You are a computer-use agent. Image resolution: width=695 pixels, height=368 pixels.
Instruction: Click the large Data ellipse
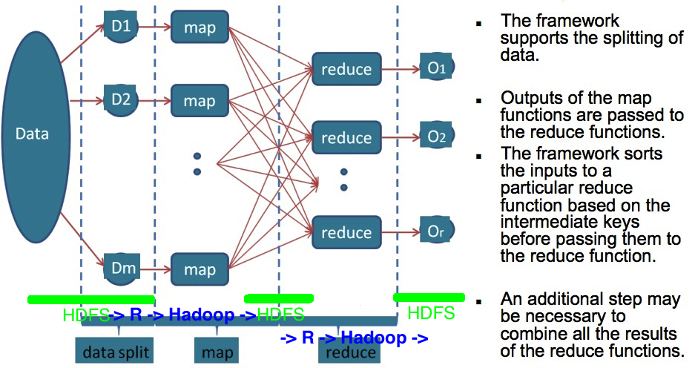point(33,134)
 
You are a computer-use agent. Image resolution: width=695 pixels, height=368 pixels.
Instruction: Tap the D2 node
point(122,98)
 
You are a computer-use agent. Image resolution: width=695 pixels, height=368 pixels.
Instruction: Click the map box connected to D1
point(199,28)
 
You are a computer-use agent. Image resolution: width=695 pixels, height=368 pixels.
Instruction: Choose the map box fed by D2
point(199,100)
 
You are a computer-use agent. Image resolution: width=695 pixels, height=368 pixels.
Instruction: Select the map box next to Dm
point(199,269)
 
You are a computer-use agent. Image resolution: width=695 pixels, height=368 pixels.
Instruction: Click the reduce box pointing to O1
point(346,69)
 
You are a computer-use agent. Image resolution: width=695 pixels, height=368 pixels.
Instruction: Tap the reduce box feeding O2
point(346,137)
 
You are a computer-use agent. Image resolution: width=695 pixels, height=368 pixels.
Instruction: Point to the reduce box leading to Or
point(346,232)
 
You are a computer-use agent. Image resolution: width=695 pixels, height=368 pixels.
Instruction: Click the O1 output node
point(436,68)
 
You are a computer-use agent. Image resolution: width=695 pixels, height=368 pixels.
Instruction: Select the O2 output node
point(436,137)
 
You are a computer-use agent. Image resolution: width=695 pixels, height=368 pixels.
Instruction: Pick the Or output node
point(436,231)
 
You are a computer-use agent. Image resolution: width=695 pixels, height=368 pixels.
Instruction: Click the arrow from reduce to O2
point(401,137)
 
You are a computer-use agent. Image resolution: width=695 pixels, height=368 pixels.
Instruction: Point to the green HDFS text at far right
point(431,313)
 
